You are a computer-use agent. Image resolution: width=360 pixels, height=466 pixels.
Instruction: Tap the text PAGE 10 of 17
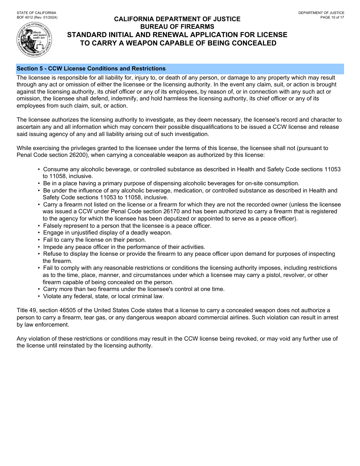pos(332,17)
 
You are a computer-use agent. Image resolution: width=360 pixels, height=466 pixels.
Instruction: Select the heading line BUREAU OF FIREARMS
pos(177,27)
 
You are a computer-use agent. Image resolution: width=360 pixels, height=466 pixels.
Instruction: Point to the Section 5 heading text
pos(91,69)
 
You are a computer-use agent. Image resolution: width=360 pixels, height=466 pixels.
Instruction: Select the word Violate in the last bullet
pos(52,296)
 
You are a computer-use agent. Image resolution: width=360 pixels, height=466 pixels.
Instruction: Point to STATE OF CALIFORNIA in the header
pos(36,13)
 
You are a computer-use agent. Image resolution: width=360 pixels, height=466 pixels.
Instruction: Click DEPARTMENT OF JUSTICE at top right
pos(321,13)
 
